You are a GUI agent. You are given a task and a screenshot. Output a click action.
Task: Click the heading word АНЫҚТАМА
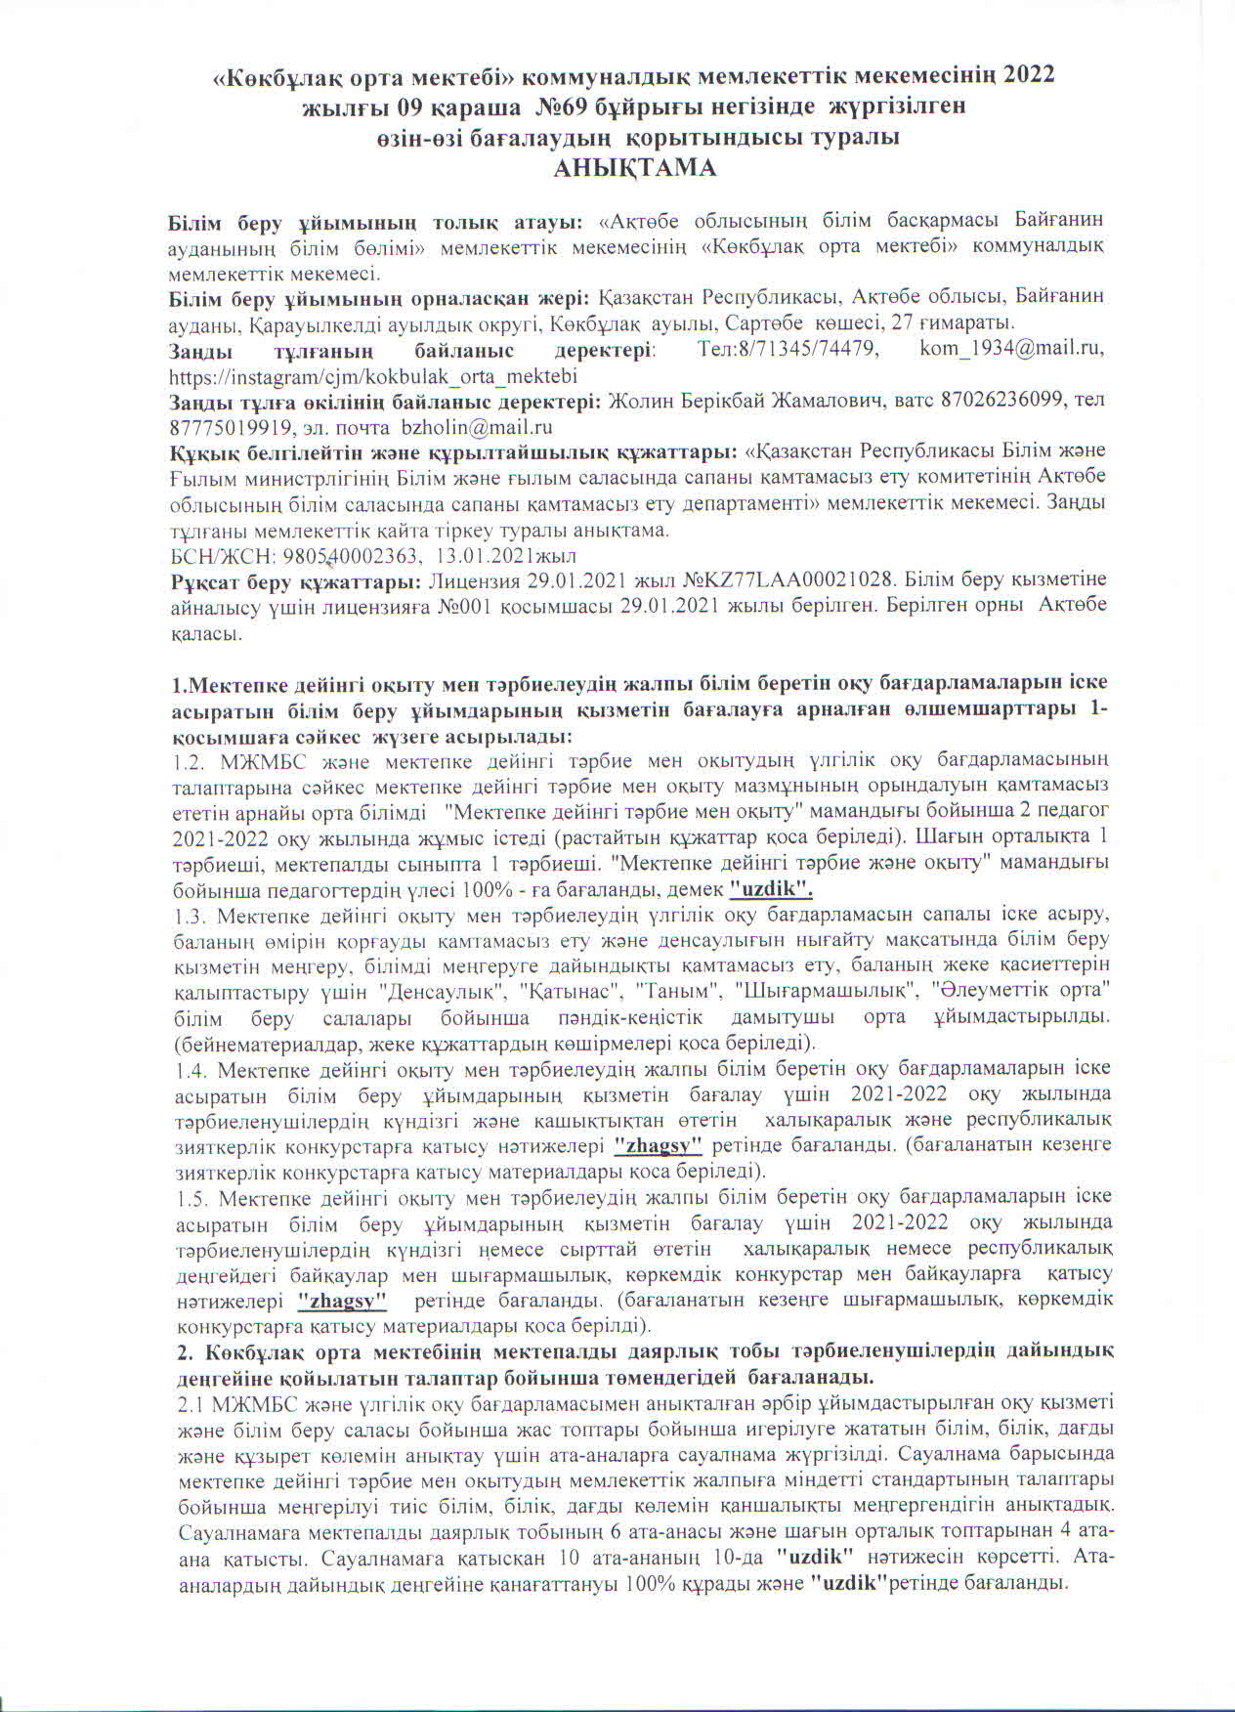[x=635, y=168]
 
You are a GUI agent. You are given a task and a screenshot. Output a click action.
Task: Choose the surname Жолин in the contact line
[x=639, y=401]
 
